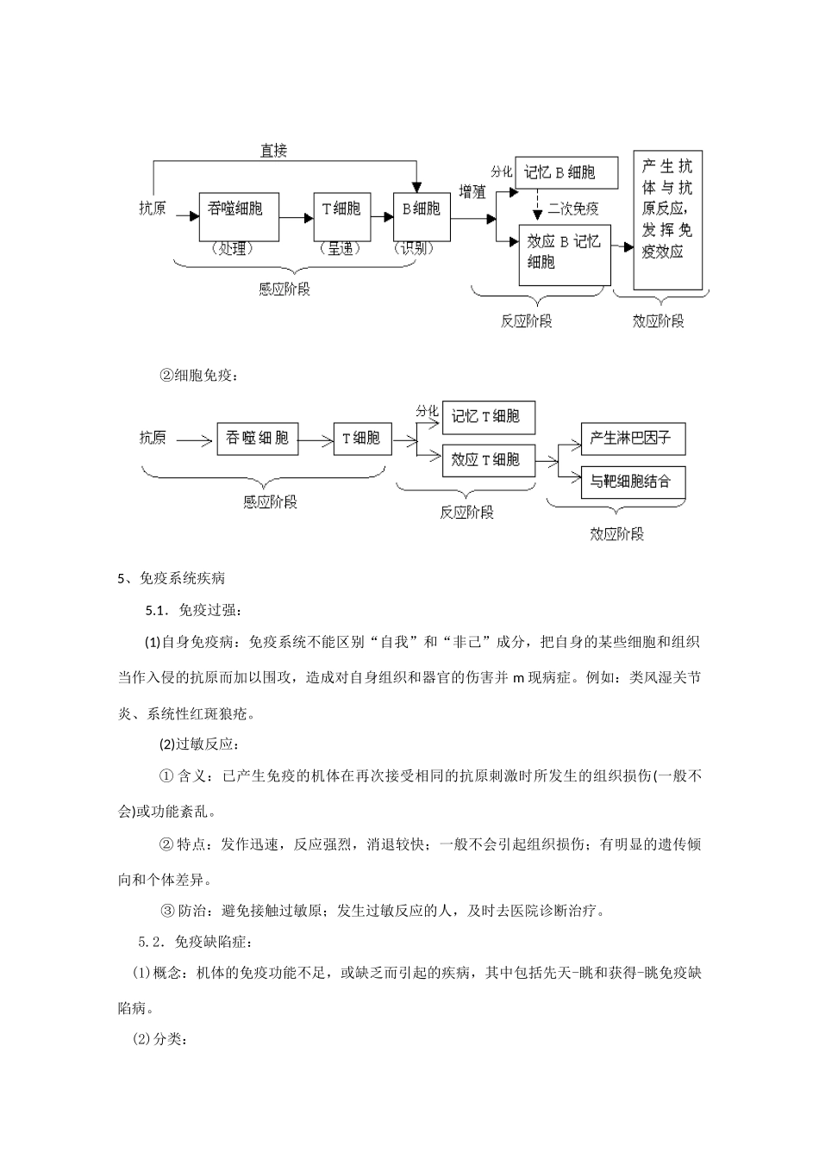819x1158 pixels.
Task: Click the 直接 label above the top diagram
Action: point(273,151)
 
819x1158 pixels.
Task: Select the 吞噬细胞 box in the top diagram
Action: point(239,216)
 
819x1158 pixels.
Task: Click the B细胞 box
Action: point(421,216)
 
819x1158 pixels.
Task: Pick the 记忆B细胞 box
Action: point(566,172)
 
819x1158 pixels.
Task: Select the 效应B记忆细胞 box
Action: point(564,253)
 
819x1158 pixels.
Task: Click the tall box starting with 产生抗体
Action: point(667,221)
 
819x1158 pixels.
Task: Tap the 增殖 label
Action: point(472,191)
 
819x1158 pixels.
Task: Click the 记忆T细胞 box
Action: point(487,417)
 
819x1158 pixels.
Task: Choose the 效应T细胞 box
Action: point(487,460)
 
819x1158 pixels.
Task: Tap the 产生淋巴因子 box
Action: point(632,439)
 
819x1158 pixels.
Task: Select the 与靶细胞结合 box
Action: point(632,482)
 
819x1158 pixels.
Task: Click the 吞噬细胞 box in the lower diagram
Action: point(256,439)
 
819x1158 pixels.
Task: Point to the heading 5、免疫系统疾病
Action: point(172,578)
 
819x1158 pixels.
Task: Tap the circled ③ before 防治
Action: point(168,910)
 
